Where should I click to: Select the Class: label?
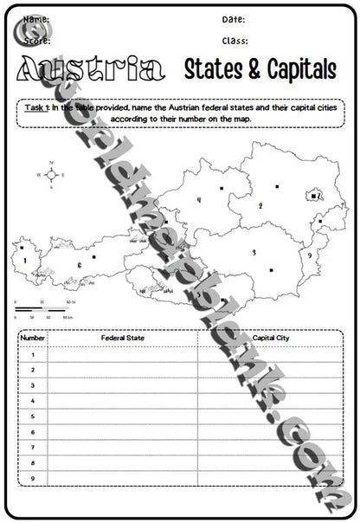pyautogui.click(x=235, y=41)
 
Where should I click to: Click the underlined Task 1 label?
pyautogui.click(x=36, y=107)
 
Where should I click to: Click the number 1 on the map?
pyautogui.click(x=28, y=258)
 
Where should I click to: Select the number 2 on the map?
pyautogui.click(x=260, y=206)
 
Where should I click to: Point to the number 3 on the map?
pyautogui.click(x=254, y=252)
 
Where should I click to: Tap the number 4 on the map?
pyautogui.click(x=199, y=200)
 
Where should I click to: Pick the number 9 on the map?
pyautogui.click(x=309, y=256)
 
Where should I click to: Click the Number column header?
pyautogui.click(x=32, y=339)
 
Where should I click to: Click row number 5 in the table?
pyautogui.click(x=32, y=416)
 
